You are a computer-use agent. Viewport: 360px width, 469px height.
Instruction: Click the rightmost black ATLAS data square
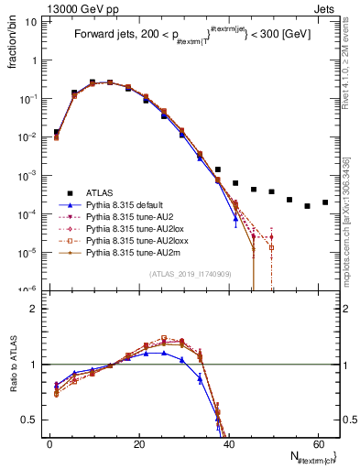(325, 202)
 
